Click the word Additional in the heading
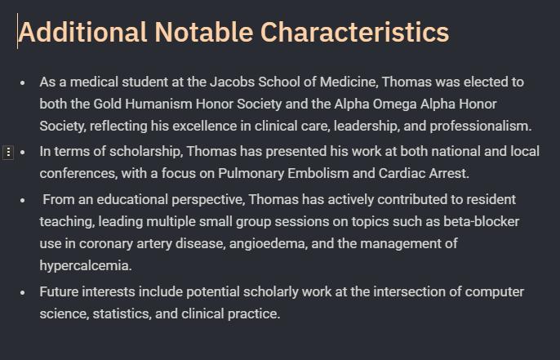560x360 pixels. [x=82, y=32]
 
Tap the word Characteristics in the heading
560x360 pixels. [x=354, y=32]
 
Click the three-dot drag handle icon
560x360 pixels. [x=8, y=153]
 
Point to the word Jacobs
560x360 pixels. [x=232, y=82]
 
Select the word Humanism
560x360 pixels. [x=158, y=104]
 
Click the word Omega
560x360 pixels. [x=394, y=104]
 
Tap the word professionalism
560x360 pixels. [x=480, y=126]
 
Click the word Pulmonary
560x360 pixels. [x=251, y=174]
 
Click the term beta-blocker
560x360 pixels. [x=482, y=221]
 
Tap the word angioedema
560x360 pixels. [x=269, y=243]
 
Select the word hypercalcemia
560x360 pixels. [x=86, y=266]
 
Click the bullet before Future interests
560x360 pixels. [x=23, y=292]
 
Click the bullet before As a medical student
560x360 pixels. [x=23, y=83]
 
